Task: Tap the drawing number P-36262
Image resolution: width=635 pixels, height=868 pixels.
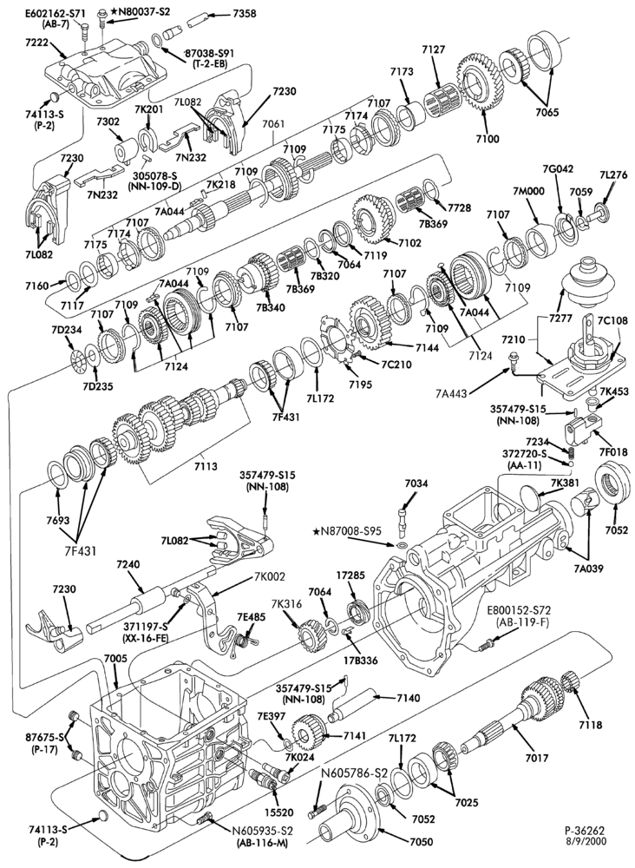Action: click(x=585, y=831)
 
